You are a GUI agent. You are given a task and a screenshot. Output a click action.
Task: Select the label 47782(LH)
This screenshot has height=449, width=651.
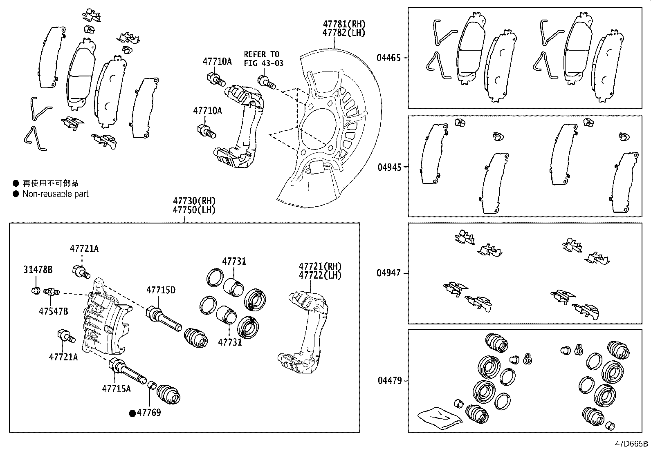343,33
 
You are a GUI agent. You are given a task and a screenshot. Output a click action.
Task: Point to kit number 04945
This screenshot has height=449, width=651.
389,167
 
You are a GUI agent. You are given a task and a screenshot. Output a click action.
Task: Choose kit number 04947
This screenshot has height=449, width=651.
389,273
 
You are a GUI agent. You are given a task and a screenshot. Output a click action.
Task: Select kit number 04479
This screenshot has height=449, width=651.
389,381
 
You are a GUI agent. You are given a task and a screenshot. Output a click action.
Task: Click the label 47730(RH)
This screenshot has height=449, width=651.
194,201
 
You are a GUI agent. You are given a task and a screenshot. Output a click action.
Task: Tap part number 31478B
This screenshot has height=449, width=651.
38,270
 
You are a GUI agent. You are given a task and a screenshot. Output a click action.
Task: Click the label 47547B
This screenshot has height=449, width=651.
54,311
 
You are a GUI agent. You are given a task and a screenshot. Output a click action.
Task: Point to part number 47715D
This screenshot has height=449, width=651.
161,290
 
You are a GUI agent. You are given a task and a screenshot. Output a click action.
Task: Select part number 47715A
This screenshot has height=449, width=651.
116,389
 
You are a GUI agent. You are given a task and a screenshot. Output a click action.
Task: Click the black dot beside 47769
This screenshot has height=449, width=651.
132,413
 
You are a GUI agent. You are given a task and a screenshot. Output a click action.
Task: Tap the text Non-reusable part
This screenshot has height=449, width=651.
55,194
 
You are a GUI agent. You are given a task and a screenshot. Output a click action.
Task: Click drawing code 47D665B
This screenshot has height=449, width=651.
633,444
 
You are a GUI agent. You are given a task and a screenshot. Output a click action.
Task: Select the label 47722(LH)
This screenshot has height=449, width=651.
320,275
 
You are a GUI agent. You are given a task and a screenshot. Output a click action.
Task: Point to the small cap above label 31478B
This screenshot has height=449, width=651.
35,291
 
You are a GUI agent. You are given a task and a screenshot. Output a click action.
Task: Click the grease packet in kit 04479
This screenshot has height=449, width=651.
440,417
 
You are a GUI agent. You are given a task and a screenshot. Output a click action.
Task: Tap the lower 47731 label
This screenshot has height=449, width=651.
230,342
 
